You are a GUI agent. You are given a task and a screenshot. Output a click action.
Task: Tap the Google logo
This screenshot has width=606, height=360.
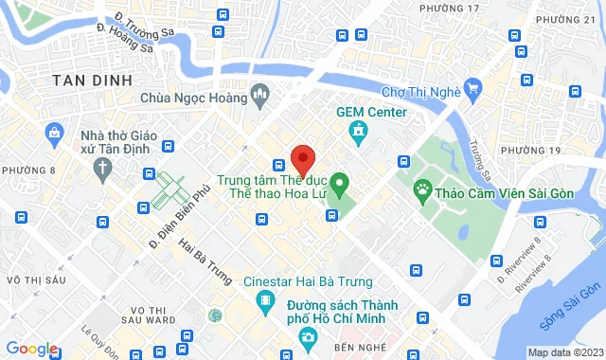pos(30,349)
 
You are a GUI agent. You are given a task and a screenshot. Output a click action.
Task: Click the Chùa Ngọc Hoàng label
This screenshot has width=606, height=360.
pos(192,97)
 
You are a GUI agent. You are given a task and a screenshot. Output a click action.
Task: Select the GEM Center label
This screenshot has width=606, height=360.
pos(372,112)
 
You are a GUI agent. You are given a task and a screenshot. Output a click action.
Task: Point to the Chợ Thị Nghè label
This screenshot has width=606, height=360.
pos(420,92)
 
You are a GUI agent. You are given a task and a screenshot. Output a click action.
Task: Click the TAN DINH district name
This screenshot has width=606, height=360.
pos(92,81)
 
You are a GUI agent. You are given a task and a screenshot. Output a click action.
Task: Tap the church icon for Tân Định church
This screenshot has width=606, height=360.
pos(101,168)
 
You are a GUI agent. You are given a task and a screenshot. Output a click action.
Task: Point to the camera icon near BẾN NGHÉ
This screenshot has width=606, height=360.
pos(306,338)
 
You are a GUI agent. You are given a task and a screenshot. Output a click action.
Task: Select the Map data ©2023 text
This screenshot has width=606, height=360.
pos(565,352)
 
